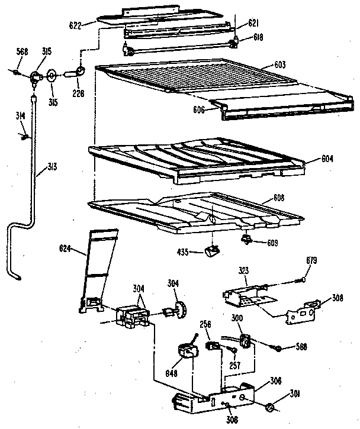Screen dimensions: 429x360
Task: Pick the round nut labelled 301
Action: pyautogui.click(x=270, y=408)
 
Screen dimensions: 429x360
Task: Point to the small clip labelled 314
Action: pyautogui.click(x=25, y=137)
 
